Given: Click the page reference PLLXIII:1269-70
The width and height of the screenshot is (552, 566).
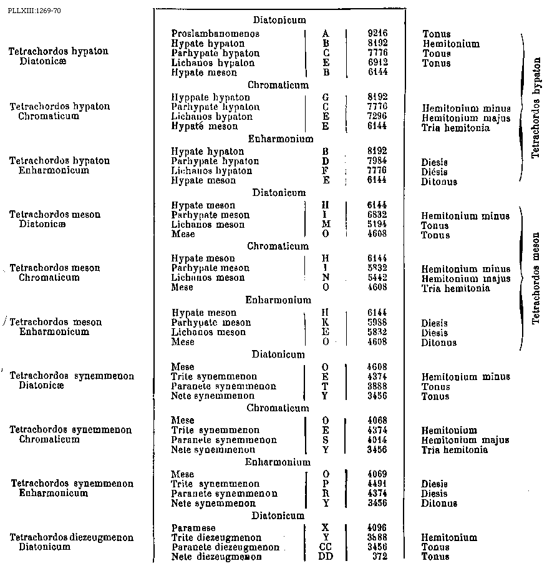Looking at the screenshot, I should click(35, 11).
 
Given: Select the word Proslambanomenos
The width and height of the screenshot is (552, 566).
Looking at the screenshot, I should click(206, 34).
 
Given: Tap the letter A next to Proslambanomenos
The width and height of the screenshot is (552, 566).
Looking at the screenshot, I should click(326, 34).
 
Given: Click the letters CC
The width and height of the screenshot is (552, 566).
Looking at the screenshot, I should click(326, 547).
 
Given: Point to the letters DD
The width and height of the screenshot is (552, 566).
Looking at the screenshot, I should click(326, 557).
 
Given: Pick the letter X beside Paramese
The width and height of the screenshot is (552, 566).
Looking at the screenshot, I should click(325, 528).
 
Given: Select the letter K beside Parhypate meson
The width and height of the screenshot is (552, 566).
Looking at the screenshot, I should click(326, 323).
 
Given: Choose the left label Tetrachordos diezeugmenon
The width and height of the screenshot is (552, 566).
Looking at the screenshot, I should click(72, 537).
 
